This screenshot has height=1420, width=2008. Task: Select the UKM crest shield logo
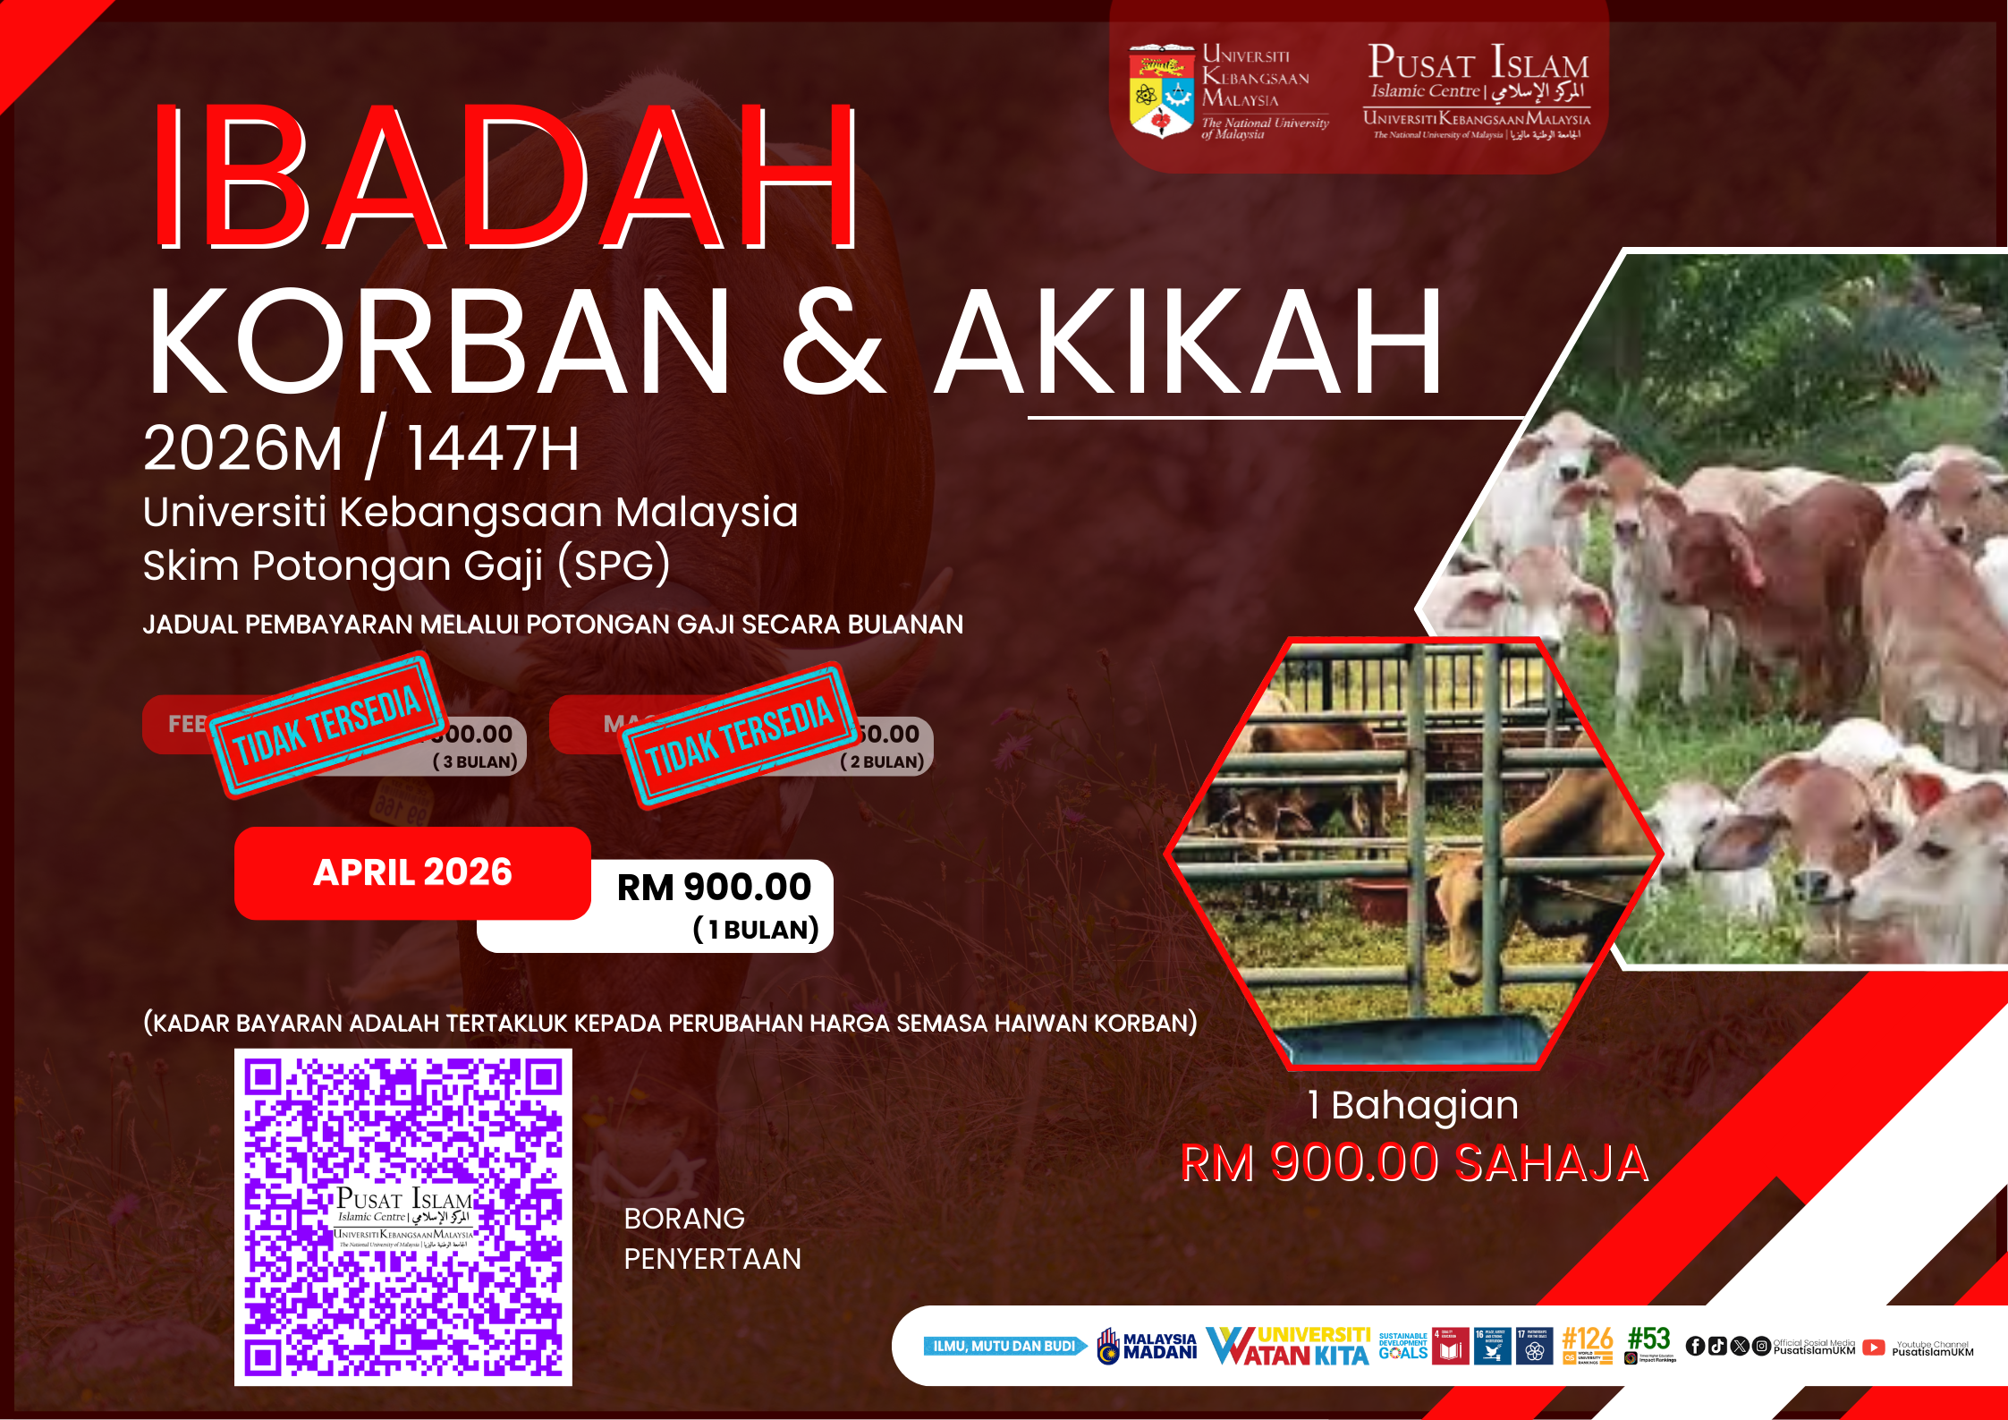tap(1161, 90)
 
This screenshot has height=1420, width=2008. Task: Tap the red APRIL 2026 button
tap(412, 872)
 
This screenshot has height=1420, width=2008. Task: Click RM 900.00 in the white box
tap(714, 887)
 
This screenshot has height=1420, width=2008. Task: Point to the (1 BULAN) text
tap(756, 930)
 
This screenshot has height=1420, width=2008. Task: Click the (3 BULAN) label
tap(475, 762)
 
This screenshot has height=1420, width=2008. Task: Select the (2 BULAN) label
tap(882, 762)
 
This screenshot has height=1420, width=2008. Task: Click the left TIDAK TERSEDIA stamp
tap(327, 726)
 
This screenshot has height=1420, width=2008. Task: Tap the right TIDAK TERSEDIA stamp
tap(739, 736)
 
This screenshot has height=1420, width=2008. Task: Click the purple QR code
tap(403, 1217)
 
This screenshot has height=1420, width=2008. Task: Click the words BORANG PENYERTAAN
tap(712, 1238)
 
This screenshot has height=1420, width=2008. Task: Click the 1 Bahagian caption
tap(1413, 1105)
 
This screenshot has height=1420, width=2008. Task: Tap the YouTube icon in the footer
tap(1874, 1347)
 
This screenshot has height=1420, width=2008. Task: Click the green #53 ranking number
tap(1649, 1339)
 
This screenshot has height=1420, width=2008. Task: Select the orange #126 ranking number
tap(1587, 1339)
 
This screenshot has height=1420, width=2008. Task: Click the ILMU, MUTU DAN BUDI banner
tap(1004, 1346)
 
